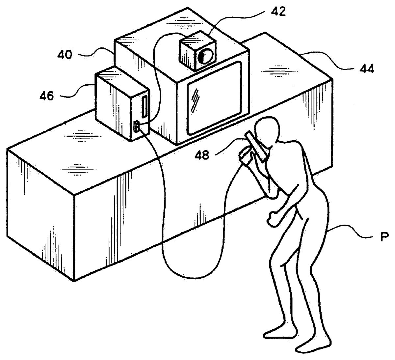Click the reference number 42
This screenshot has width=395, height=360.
click(x=278, y=12)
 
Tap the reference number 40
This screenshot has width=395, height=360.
click(x=65, y=54)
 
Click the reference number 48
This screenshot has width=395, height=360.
click(x=201, y=155)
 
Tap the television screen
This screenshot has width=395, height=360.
click(x=216, y=99)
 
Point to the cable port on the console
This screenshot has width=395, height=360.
click(x=136, y=126)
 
